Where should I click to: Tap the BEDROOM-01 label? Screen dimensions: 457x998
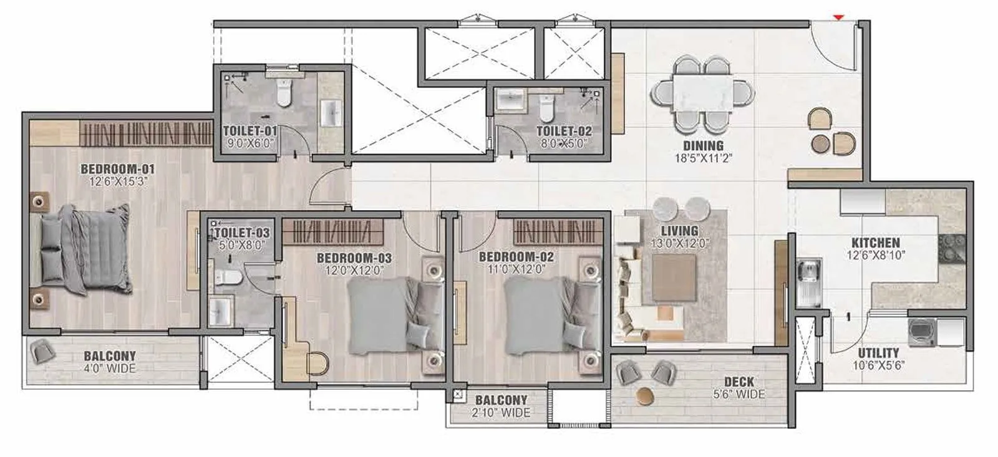pyautogui.click(x=117, y=169)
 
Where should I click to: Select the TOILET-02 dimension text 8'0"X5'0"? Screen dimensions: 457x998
pyautogui.click(x=564, y=143)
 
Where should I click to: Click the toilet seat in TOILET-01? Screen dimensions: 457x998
pyautogui.click(x=284, y=94)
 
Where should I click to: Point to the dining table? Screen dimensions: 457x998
pyautogui.click(x=702, y=91)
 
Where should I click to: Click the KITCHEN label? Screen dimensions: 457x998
pyautogui.click(x=876, y=243)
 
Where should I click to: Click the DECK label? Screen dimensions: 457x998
pyautogui.click(x=739, y=382)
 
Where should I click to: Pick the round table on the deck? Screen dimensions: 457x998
pyautogui.click(x=646, y=396)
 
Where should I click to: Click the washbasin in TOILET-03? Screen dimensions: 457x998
pyautogui.click(x=221, y=310)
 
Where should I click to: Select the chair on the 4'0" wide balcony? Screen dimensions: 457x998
pyautogui.click(x=42, y=352)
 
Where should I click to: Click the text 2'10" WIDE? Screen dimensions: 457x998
pyautogui.click(x=501, y=413)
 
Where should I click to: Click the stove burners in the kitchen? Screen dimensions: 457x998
pyautogui.click(x=952, y=248)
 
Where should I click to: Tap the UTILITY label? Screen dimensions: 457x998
pyautogui.click(x=878, y=353)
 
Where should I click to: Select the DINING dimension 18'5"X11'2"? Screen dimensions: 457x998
pyautogui.click(x=703, y=158)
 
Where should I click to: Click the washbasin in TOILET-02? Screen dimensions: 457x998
pyautogui.click(x=510, y=100)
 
